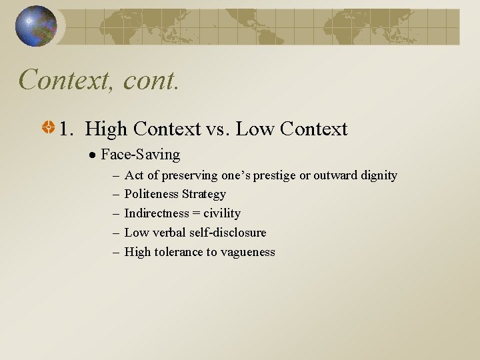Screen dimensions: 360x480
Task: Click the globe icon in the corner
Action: (x=36, y=26)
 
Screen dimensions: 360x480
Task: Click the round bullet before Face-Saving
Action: (x=94, y=155)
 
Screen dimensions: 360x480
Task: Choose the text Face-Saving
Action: (x=140, y=155)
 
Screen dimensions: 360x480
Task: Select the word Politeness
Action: (x=151, y=194)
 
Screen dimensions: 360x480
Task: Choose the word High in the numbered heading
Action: (x=105, y=128)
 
